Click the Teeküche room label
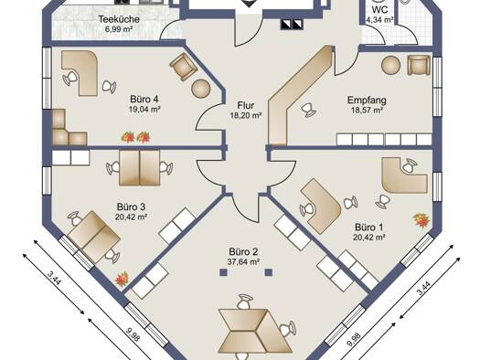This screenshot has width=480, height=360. click(x=119, y=19)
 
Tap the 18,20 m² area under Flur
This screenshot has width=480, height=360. click(x=246, y=116)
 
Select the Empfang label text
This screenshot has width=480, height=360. click(x=367, y=101)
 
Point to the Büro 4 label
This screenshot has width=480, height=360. click(x=144, y=100)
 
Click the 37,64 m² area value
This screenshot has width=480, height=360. click(x=244, y=262)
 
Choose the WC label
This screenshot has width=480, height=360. click(x=379, y=9)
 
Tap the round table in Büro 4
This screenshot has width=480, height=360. click(x=201, y=89)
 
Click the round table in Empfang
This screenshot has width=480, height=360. click(x=391, y=65)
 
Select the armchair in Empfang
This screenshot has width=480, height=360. click(x=419, y=65)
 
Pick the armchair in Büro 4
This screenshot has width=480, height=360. click(x=184, y=67)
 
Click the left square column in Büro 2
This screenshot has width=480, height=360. click(x=223, y=272)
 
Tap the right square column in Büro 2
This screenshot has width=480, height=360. click(x=269, y=272)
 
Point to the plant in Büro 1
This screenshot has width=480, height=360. click(x=421, y=220)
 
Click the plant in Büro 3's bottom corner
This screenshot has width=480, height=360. click(x=122, y=279)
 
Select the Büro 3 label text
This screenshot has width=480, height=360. click(x=131, y=207)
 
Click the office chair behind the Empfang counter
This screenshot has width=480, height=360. click(x=308, y=110)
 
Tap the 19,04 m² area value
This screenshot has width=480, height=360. click(x=144, y=110)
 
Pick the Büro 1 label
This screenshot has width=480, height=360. click(x=368, y=228)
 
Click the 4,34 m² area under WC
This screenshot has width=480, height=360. click(x=380, y=20)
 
